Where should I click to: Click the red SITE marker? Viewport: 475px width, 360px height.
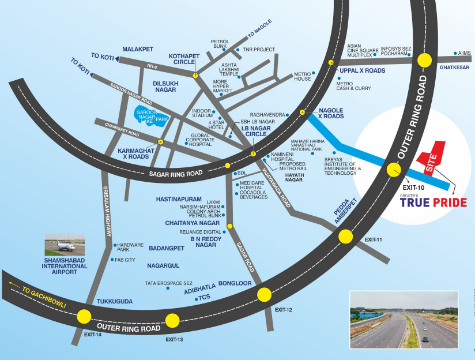431,158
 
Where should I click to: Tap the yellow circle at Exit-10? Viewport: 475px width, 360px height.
394,170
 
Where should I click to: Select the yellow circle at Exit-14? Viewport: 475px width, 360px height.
84,317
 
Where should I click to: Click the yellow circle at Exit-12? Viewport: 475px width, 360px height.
264,294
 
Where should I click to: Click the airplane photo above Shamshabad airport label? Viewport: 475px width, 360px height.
65,245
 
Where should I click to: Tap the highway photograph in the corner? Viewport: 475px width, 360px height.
404,320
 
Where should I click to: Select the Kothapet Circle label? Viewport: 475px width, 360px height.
184,59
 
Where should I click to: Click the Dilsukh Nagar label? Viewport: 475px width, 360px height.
165,87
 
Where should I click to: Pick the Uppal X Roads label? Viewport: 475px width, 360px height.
363,70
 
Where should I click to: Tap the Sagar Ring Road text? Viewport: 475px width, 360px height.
176,174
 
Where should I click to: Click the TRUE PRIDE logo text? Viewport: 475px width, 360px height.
433,202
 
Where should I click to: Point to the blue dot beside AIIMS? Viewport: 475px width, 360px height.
455,53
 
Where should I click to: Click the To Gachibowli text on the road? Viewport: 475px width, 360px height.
44,298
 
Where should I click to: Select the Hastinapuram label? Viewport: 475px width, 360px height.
179,199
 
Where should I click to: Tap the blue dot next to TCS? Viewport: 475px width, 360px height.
197,299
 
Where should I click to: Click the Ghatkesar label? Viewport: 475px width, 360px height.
454,67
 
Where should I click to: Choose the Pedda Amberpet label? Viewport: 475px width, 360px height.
346,211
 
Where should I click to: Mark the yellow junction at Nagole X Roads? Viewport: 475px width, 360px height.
302,112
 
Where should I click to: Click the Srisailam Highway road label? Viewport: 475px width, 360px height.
107,211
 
